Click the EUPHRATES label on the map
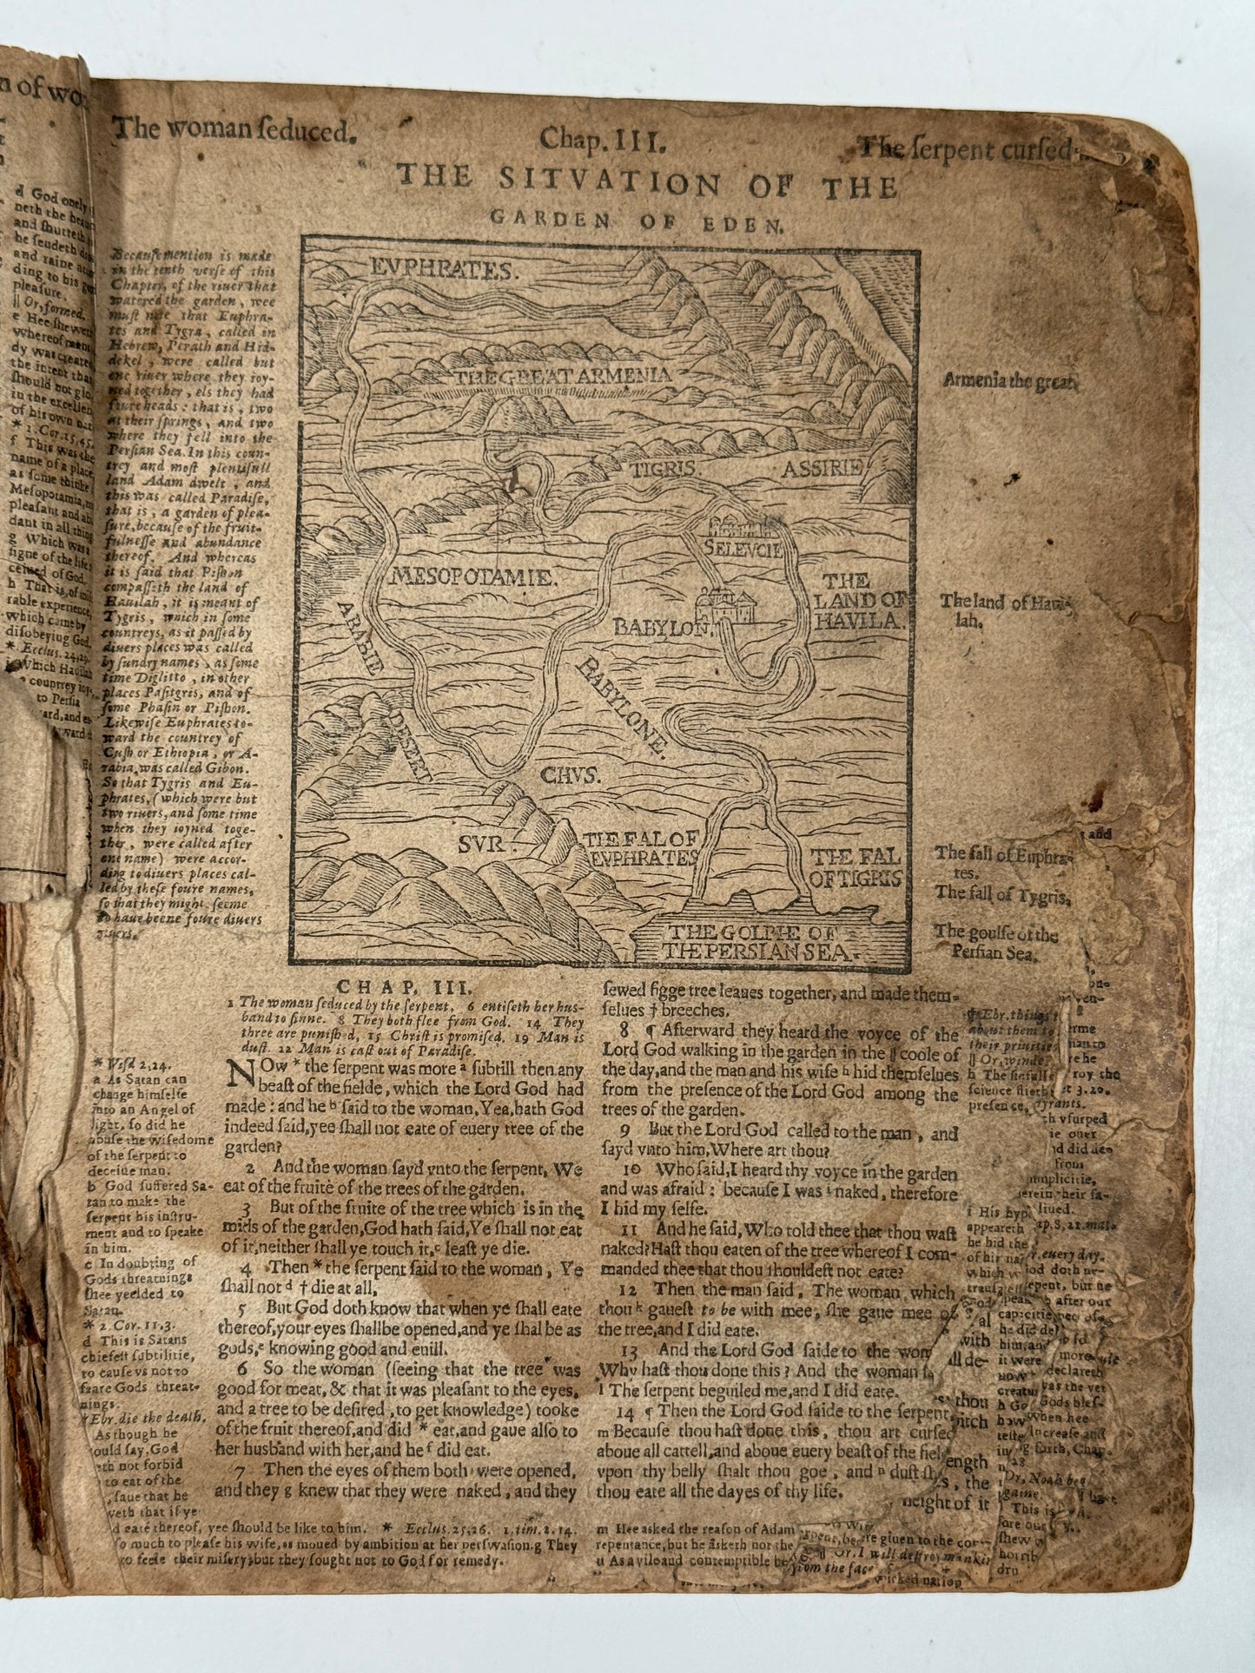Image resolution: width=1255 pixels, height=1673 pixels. (x=442, y=269)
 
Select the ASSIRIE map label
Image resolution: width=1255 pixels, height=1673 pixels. (x=822, y=469)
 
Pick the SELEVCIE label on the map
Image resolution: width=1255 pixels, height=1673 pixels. (x=744, y=549)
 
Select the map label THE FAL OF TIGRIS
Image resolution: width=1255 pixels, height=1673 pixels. (x=853, y=868)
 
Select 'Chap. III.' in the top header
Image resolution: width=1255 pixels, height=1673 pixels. (x=602, y=137)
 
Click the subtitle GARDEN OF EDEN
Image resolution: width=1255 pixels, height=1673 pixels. (x=636, y=221)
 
